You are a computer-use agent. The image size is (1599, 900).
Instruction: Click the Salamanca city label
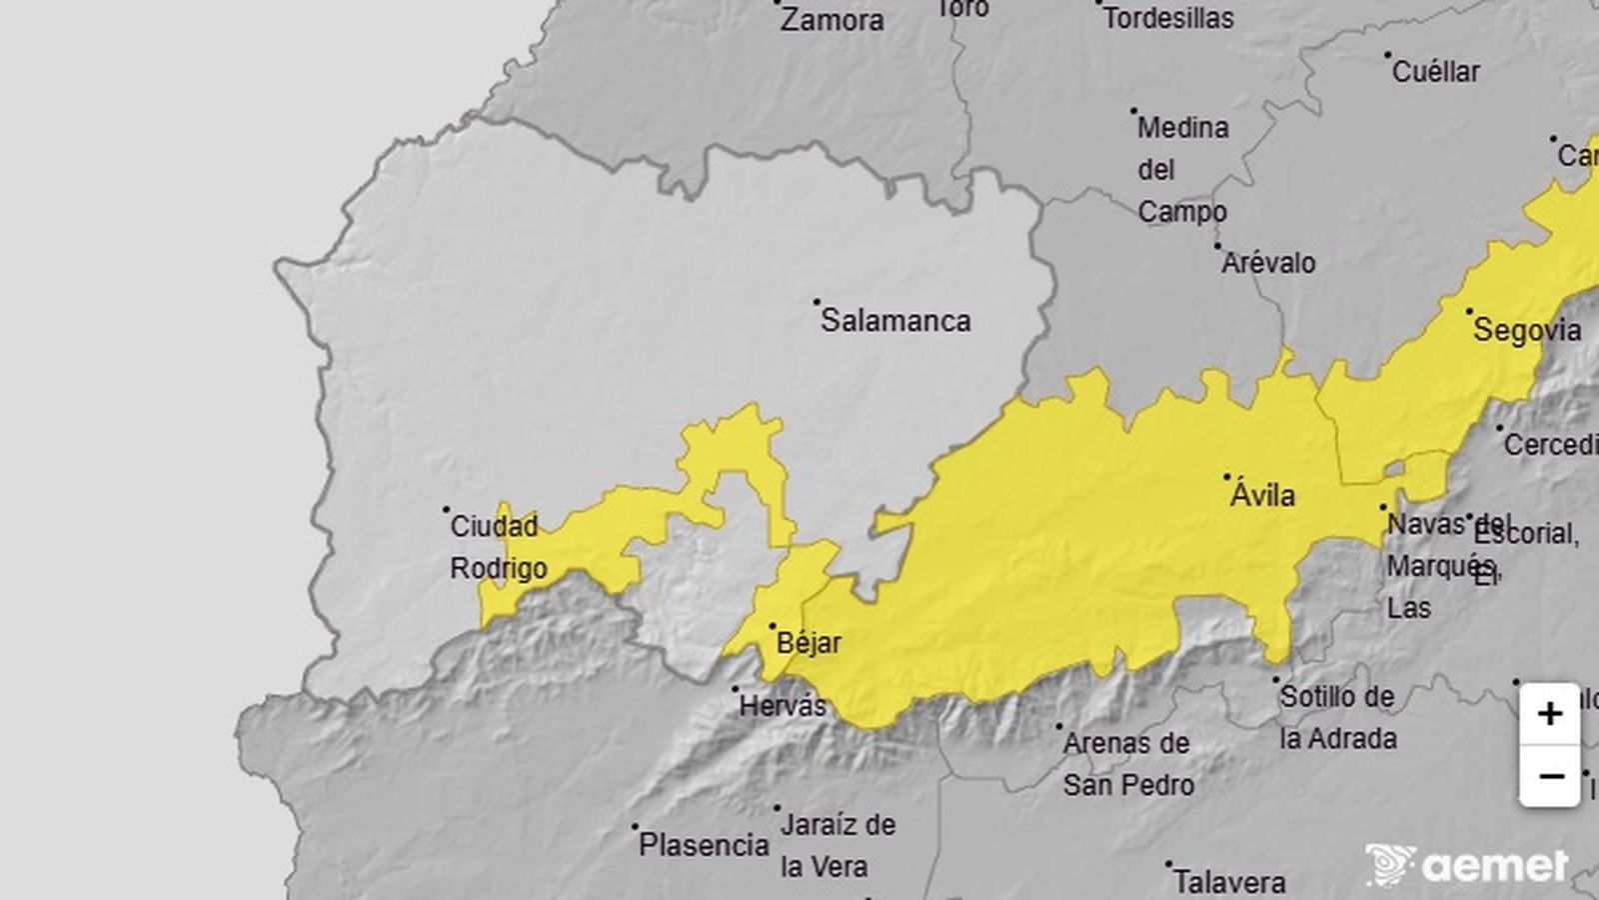(x=895, y=321)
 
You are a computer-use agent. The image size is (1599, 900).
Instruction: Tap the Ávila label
(x=1262, y=495)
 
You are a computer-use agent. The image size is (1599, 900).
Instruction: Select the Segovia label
(x=1527, y=330)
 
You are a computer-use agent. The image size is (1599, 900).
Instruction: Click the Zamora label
(x=831, y=20)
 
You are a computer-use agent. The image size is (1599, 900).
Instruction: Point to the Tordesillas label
(x=1168, y=18)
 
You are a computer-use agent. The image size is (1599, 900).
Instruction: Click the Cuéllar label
(x=1435, y=72)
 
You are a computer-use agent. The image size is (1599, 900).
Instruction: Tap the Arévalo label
(x=1269, y=263)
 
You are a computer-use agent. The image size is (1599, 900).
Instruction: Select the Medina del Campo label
(x=1182, y=170)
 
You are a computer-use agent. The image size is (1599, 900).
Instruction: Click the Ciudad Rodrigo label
(x=498, y=547)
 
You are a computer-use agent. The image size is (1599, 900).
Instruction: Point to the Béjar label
(x=808, y=643)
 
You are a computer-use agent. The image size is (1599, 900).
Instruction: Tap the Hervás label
(x=783, y=706)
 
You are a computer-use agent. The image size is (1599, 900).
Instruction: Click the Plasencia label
(x=704, y=846)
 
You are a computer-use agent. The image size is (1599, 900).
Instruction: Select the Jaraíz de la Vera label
(x=837, y=846)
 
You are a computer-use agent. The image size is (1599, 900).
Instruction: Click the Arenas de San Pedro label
(x=1126, y=764)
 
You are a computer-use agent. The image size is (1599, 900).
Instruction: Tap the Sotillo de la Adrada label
(x=1337, y=718)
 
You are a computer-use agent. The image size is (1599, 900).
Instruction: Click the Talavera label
(x=1229, y=882)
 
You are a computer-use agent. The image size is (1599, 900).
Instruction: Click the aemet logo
(x=1467, y=865)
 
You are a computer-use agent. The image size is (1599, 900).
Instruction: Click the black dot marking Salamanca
(x=816, y=301)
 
